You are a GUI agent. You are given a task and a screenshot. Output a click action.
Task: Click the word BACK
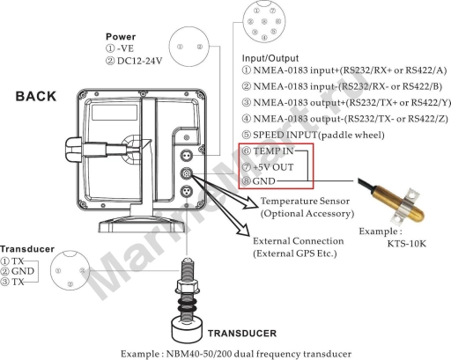[35, 96]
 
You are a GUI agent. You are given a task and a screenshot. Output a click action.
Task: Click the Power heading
[121, 37]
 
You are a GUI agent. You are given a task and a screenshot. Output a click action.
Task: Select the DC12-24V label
[139, 61]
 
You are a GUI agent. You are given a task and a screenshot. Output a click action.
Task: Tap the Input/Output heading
[270, 58]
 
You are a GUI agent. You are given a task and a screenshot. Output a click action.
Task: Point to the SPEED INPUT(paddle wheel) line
[313, 135]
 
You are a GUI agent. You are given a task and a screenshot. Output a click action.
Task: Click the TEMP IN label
[273, 151]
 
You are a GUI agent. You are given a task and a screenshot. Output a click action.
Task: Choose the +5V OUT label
[273, 167]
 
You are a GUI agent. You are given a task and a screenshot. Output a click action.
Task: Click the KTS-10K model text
[406, 244]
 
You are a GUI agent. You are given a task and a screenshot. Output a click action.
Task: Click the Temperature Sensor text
[305, 201]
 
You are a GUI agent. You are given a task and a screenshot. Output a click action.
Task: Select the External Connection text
[299, 241]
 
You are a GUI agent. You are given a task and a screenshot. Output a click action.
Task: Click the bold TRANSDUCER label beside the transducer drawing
[242, 334]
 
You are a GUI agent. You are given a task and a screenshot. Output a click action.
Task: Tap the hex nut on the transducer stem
[188, 285]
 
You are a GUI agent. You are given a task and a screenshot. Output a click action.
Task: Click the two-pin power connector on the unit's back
[187, 155]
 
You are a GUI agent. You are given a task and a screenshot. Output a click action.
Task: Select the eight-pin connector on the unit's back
[187, 173]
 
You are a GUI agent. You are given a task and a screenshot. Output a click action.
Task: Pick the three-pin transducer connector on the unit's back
[187, 192]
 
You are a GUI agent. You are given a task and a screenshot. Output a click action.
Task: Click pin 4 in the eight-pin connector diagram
[264, 38]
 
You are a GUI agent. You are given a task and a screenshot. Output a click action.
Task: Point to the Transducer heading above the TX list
[27, 249]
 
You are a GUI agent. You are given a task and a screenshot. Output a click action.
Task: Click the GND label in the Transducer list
[23, 271]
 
